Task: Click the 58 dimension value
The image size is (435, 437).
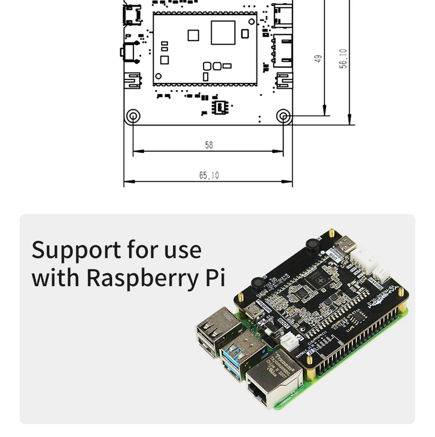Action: pos(209,145)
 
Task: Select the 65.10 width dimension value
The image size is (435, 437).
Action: pos(209,175)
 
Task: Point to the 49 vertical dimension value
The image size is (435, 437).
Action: pos(318,58)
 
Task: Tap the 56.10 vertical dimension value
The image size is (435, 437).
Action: pos(343,58)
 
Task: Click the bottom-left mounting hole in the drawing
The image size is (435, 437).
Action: pos(132,116)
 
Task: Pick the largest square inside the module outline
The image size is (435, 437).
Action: pos(223,33)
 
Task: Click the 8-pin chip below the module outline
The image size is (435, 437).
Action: pos(222,107)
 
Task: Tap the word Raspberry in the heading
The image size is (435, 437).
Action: pos(143,277)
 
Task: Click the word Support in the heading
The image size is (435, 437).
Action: pos(76,250)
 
